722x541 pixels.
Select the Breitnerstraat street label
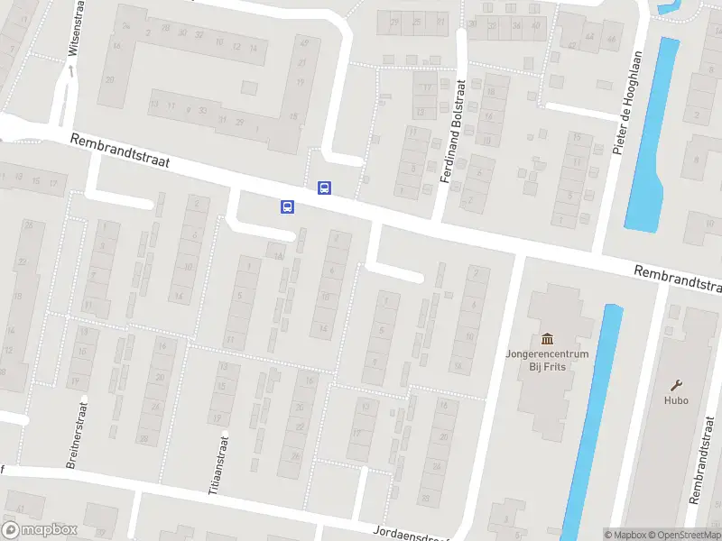(76, 436)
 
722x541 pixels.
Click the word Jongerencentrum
(546, 354)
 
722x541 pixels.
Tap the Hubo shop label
(676, 400)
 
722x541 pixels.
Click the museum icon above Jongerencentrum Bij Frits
(547, 338)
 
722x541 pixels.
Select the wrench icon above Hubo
(676, 385)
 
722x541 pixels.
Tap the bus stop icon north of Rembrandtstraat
(324, 188)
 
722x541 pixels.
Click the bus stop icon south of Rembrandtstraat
(287, 206)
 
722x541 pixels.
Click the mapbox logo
(40, 530)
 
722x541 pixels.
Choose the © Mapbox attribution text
(625, 535)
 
